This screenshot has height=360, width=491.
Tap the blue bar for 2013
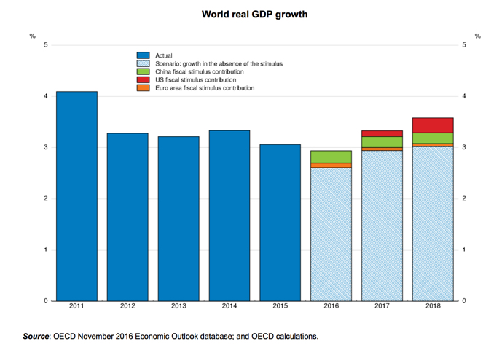point(178,218)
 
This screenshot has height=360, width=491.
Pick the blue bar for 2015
point(280,222)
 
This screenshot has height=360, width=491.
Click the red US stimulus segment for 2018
point(433,125)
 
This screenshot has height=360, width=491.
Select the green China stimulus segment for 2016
point(331,157)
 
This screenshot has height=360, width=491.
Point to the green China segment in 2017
point(382,142)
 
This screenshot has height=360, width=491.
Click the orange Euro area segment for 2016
point(331,165)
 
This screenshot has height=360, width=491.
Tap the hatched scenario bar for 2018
point(433,223)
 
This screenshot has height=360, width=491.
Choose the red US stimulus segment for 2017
point(382,133)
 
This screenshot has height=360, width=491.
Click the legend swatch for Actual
point(144,55)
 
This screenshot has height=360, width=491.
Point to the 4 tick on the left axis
point(46,96)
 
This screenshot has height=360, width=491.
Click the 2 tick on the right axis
point(465,199)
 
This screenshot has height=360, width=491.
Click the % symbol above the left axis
point(33,36)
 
